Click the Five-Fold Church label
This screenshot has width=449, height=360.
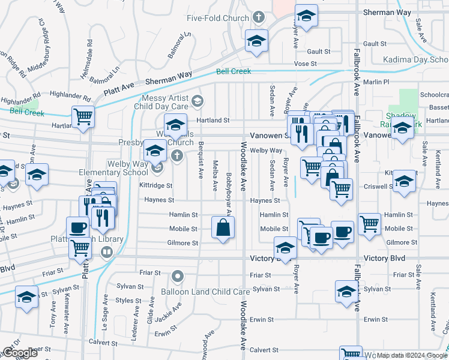coord(217,18)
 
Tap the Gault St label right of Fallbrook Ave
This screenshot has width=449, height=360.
coord(375,44)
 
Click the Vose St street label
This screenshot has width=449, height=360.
coord(305,64)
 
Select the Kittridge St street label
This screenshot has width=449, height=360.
coord(157,186)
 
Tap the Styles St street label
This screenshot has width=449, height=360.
coord(128,300)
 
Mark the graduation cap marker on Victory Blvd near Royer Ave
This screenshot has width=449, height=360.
coord(285,247)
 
